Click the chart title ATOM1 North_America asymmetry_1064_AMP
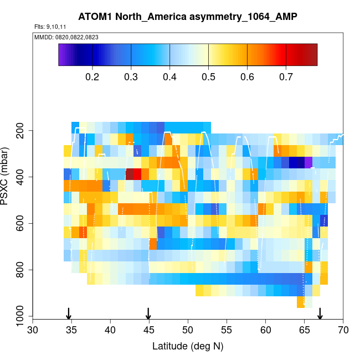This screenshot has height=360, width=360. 188,16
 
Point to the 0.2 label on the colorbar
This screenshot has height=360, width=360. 92,76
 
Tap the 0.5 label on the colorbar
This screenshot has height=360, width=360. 208,76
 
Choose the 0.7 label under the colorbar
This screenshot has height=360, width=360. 286,76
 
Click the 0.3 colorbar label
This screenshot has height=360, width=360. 131,76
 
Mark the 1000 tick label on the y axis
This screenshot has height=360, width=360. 21,317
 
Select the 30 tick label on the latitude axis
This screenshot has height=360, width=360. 33,331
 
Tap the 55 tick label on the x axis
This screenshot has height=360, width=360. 227,331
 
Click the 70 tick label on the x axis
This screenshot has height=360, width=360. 343,331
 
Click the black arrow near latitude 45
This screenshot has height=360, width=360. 148,313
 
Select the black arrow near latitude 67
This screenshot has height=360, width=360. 320,313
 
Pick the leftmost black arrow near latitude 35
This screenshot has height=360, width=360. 69,313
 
